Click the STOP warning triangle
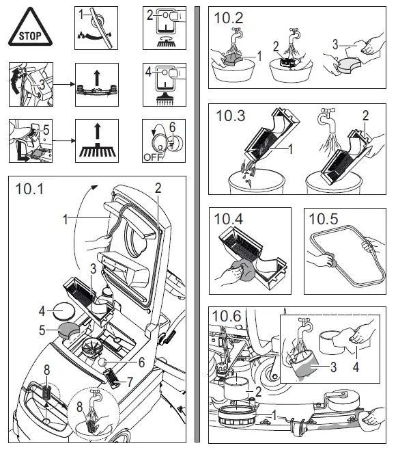point(30,28)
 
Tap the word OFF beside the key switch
point(153,157)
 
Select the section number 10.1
point(29,189)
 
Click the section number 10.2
point(229,18)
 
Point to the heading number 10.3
point(231,116)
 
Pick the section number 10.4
point(229,219)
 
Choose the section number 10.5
point(324,219)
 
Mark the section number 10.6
point(226,316)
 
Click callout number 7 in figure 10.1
point(130,382)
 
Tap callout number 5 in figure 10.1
point(42,330)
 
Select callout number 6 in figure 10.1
point(141,362)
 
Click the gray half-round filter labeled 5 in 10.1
point(69,330)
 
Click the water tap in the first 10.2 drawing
point(237,34)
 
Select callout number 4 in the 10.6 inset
point(356,367)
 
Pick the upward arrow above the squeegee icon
point(97,78)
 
